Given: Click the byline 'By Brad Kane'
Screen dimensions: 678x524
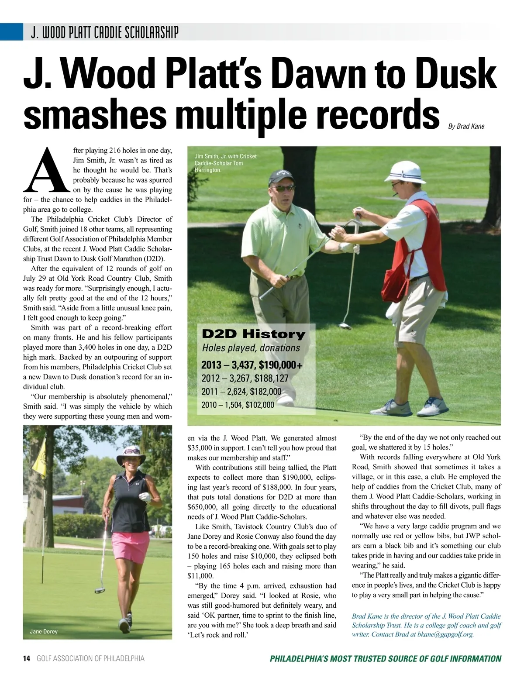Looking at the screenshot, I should point(466,126).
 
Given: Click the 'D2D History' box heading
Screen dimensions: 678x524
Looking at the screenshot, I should point(253,334).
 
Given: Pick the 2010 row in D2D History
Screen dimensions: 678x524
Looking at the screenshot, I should point(238,405).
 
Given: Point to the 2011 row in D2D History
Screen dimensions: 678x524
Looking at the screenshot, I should point(241,392).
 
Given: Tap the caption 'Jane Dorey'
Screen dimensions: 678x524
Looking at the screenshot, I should point(44,631).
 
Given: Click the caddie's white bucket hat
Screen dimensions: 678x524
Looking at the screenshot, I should point(405,172).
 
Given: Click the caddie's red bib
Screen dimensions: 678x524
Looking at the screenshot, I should point(415,253).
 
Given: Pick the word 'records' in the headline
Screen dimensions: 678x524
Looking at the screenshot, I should point(375,114).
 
